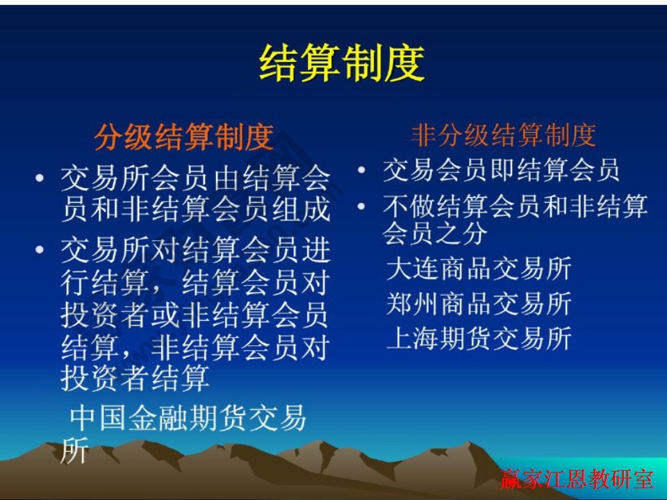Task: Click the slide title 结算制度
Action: click(x=341, y=64)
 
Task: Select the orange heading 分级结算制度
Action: click(x=183, y=137)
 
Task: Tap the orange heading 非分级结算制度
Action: click(x=504, y=135)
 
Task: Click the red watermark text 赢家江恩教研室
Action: click(x=577, y=479)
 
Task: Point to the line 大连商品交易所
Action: click(x=479, y=268)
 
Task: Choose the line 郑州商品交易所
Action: click(x=479, y=303)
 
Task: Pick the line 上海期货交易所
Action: click(x=479, y=338)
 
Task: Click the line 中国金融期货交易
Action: click(x=188, y=418)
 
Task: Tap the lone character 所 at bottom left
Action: click(x=74, y=451)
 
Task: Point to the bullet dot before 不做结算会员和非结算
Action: click(x=363, y=207)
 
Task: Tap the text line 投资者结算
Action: click(x=135, y=378)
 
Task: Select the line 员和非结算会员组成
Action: click(x=195, y=209)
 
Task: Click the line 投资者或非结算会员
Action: click(x=194, y=315)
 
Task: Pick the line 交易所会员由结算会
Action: click(x=195, y=179)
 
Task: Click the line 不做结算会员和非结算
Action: click(x=515, y=207)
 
